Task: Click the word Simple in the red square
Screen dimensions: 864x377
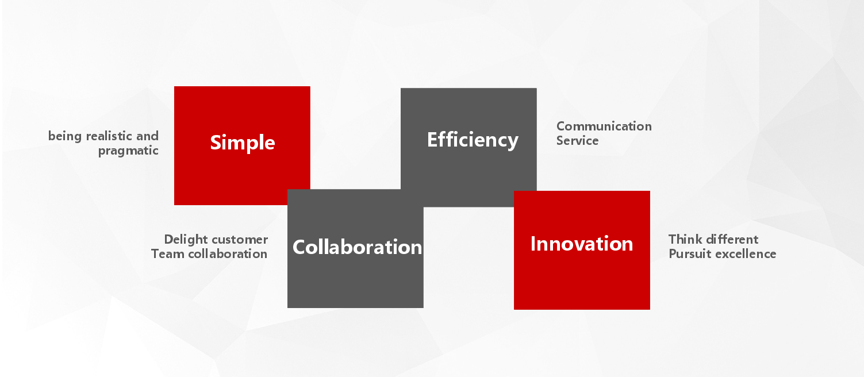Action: (242, 143)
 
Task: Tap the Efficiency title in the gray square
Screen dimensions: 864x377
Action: (473, 140)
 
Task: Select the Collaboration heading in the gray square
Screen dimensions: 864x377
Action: (357, 247)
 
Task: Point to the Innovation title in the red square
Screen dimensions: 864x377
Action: (582, 244)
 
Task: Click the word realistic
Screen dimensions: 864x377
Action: (109, 136)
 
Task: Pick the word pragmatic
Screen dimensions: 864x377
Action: (128, 151)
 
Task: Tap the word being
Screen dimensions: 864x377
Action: (65, 136)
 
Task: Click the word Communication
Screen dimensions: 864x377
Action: (604, 126)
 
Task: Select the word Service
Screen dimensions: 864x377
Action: (577, 141)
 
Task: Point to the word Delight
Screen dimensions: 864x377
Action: (186, 240)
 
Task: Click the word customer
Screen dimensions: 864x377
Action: (240, 240)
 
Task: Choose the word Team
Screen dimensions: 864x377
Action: (167, 253)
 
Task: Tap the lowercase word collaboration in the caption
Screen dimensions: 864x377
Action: (228, 253)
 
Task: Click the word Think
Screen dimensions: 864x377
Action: (685, 240)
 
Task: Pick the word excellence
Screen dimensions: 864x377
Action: (744, 254)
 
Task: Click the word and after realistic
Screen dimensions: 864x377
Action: (147, 136)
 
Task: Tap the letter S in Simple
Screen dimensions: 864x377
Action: (216, 143)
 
